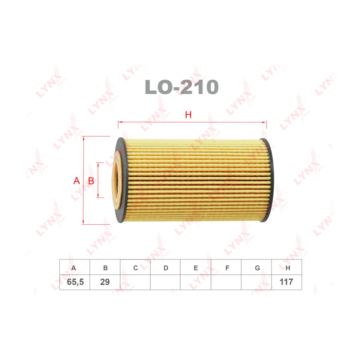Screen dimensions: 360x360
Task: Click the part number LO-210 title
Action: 181,87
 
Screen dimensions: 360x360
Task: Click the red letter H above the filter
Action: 188,115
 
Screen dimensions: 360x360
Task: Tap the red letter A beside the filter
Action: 77,181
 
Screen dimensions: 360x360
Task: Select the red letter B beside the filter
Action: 91,181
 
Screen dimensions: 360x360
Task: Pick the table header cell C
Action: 135,268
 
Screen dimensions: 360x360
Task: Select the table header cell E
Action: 196,268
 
